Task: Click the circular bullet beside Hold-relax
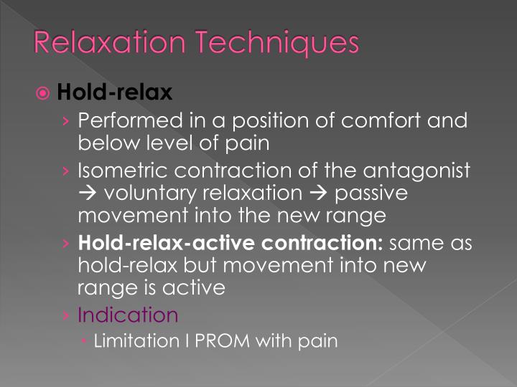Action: coord(62,93)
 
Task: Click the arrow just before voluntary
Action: coord(88,194)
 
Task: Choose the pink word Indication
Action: coord(127,315)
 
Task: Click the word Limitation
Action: coord(135,340)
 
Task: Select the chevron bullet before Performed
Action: coord(67,120)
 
